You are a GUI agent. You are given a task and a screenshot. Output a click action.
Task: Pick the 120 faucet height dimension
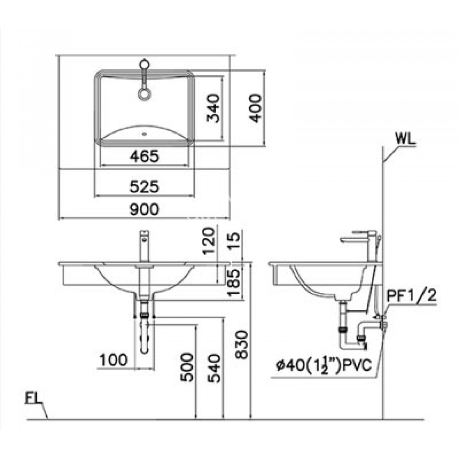[x=209, y=242]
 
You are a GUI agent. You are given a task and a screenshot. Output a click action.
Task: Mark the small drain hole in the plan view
[x=144, y=135]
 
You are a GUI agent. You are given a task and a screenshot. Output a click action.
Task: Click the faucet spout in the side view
[x=353, y=239]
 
